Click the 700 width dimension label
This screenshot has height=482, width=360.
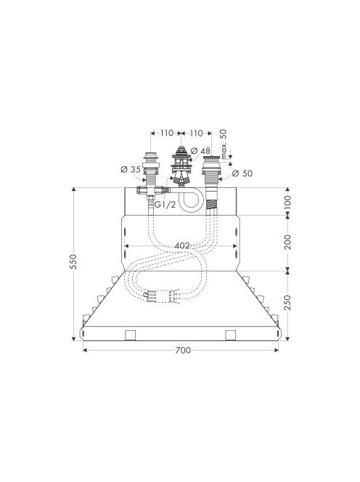(183, 350)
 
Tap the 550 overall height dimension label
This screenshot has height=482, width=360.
(73, 262)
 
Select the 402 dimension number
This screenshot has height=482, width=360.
(182, 246)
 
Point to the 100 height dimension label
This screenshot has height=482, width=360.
(287, 201)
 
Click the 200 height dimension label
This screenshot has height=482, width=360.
(287, 242)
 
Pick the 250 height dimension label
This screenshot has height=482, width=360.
(287, 303)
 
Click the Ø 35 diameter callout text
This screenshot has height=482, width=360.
(131, 169)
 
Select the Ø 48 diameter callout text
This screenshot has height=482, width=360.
(200, 151)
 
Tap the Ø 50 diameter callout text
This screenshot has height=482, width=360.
(242, 173)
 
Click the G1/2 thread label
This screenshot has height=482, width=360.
(165, 205)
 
